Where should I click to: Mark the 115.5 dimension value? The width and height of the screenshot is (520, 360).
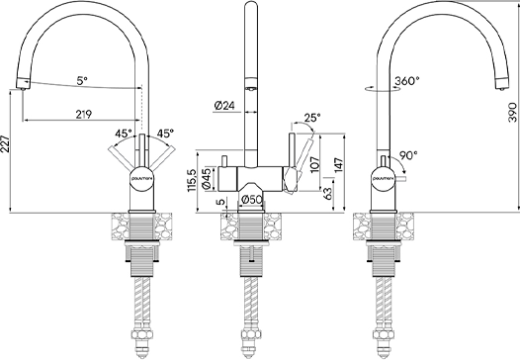193,183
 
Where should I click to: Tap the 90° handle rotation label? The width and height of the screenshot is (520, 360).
407,155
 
